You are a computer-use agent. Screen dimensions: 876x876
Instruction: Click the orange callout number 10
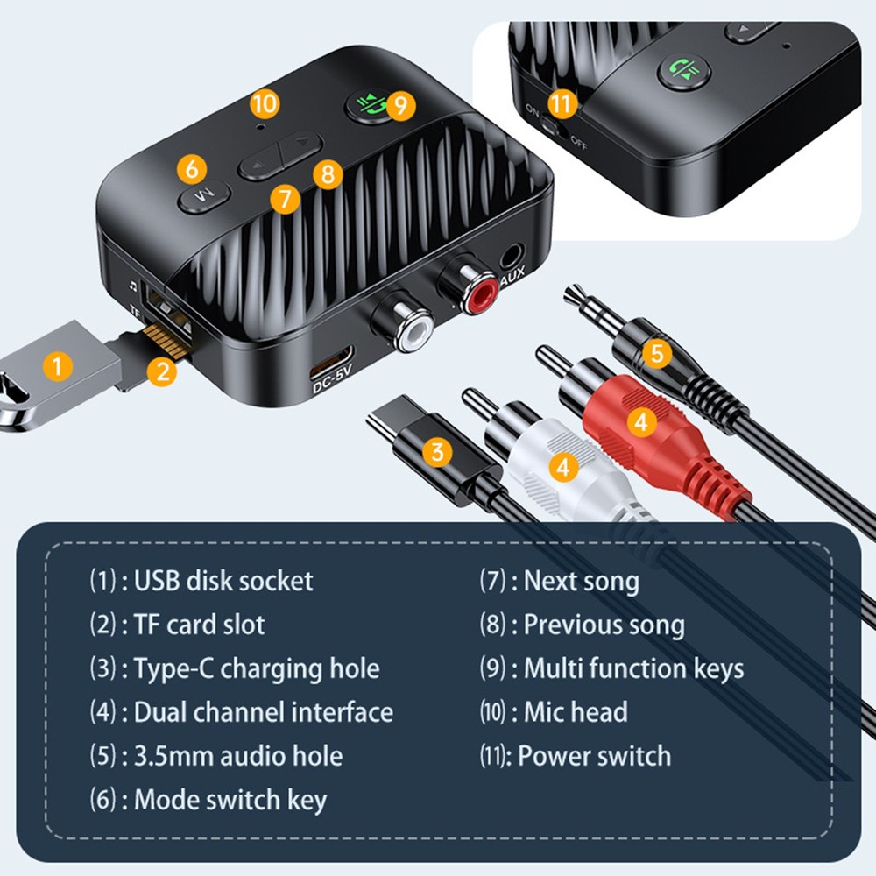click(264, 103)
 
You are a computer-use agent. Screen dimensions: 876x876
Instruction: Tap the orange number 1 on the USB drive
click(58, 365)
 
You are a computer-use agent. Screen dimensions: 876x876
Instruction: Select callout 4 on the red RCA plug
click(641, 421)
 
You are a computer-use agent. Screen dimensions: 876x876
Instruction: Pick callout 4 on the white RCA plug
click(563, 467)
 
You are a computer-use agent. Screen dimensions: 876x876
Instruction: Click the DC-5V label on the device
click(332, 383)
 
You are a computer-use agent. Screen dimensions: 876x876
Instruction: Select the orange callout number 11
click(562, 103)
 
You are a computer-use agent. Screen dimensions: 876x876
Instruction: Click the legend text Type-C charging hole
click(256, 669)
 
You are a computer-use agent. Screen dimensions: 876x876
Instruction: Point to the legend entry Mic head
click(575, 712)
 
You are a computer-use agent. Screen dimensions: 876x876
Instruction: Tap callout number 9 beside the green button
click(400, 106)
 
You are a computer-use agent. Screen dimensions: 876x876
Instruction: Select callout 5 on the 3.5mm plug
click(657, 354)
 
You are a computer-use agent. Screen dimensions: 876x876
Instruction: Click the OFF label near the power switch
click(579, 141)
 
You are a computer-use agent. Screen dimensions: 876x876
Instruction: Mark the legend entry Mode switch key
click(230, 800)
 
